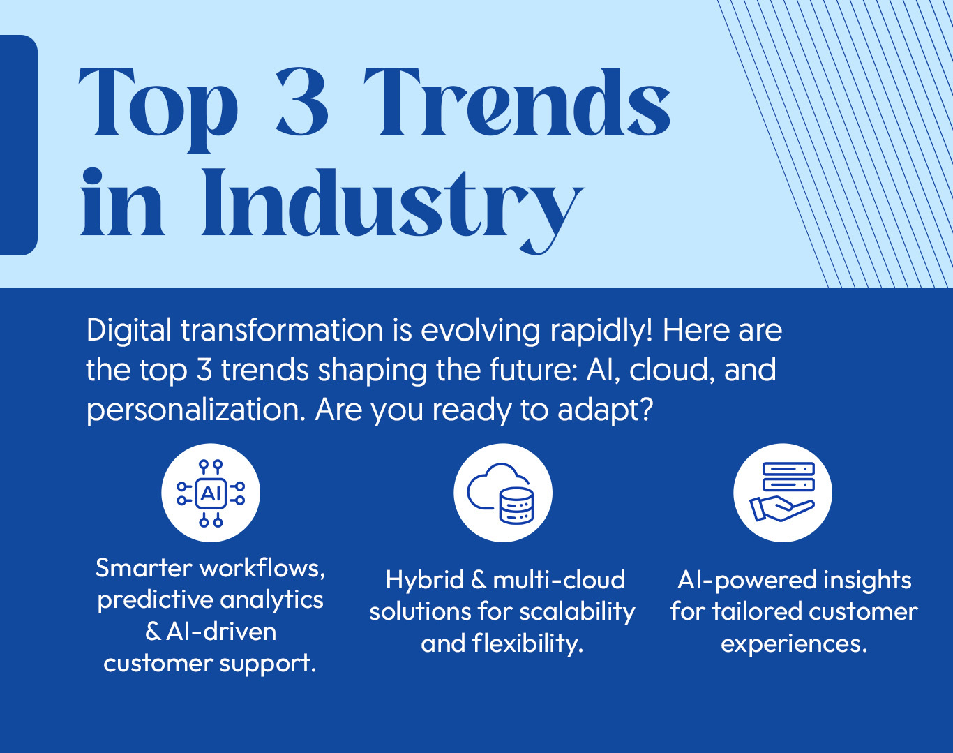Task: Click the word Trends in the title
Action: point(517,102)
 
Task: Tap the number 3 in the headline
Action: point(302,102)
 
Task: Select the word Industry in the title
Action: point(392,208)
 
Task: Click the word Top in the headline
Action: point(158,109)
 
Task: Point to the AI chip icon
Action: point(211,493)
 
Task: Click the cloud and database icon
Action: point(501,494)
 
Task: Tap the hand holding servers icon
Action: point(783,492)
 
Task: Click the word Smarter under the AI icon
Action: point(143,568)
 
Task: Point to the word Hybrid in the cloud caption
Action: point(424,580)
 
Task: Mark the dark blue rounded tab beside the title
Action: point(19,145)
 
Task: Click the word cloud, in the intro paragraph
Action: point(671,371)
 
